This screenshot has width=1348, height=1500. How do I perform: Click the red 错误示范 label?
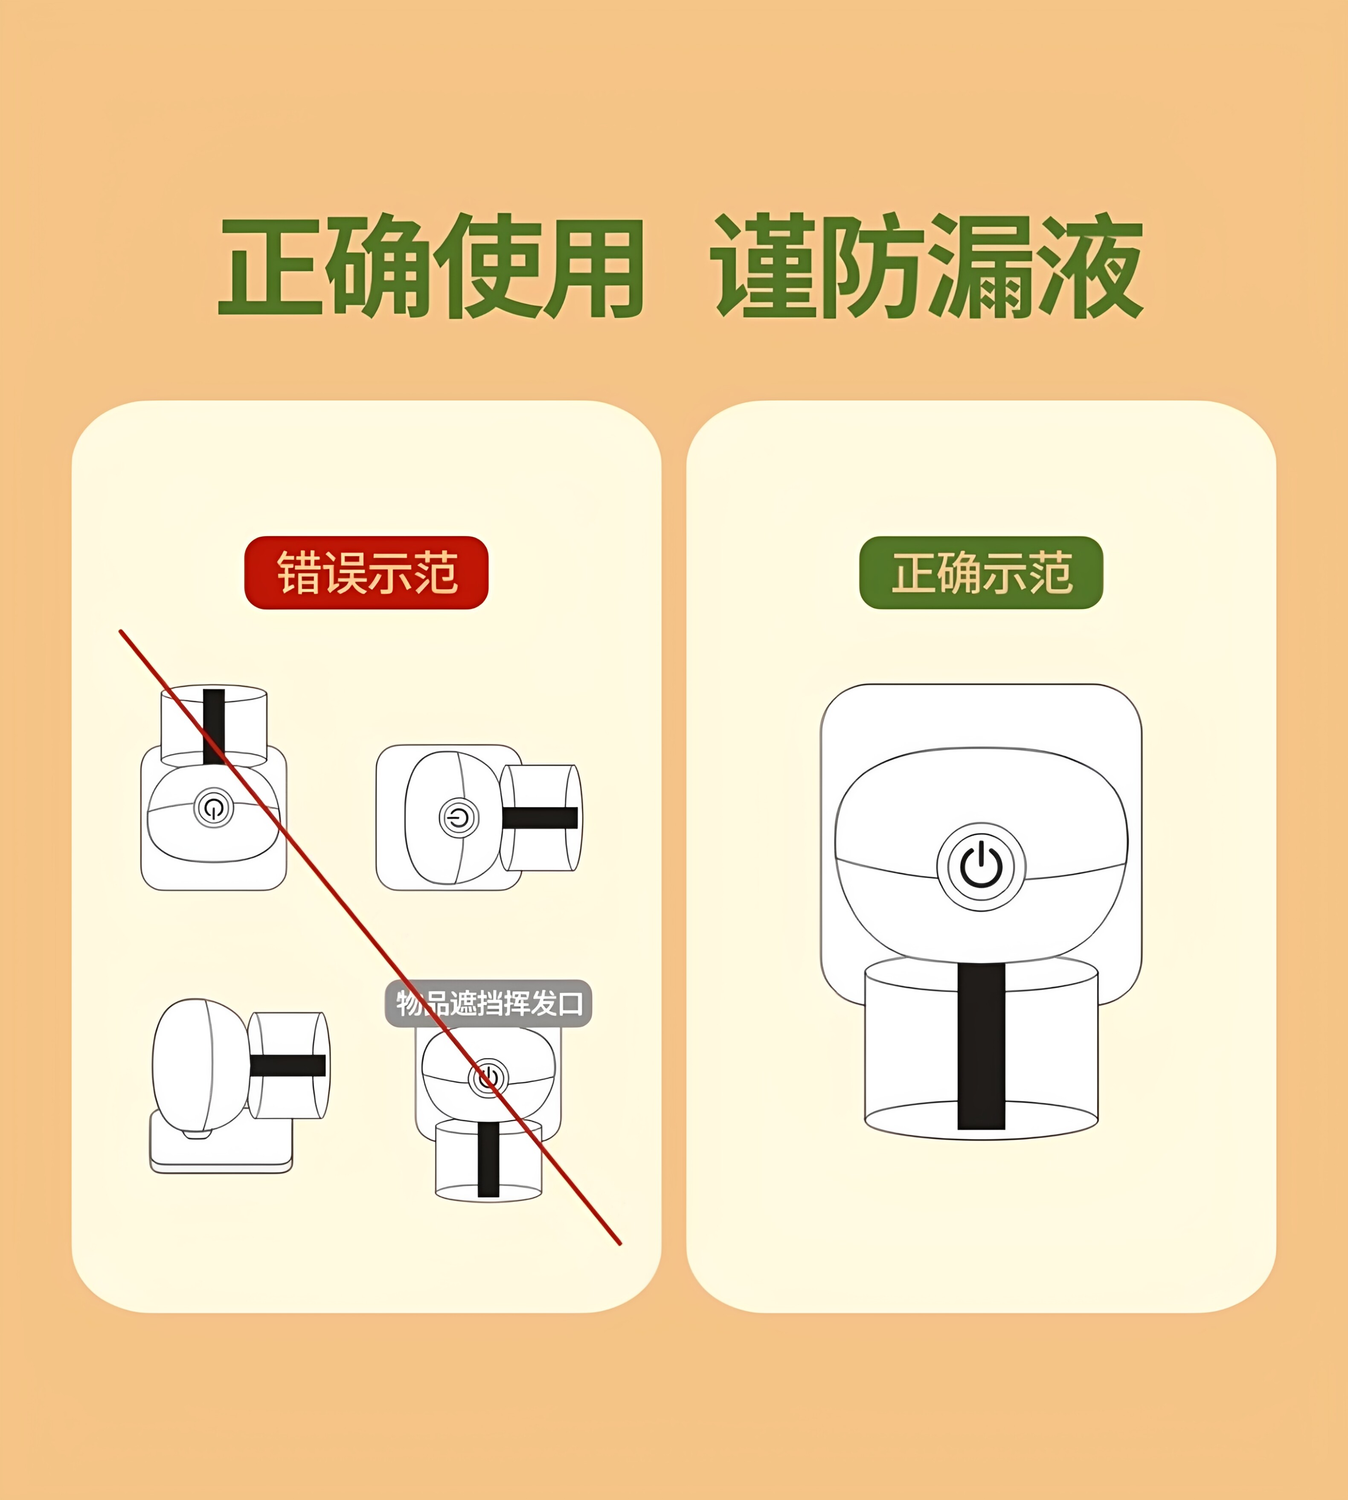pos(366,573)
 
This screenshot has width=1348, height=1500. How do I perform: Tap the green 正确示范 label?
pos(982,573)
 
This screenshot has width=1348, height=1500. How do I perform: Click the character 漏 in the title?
pos(979,267)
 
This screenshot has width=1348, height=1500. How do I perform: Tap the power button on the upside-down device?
pos(213,808)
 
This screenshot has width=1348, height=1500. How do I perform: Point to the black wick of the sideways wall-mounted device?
pos(540,818)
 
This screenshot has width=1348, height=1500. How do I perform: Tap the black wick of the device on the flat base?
pos(288,1065)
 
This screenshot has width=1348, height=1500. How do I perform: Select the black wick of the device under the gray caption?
pos(488,1159)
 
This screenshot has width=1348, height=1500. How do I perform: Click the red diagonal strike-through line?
pos(369,938)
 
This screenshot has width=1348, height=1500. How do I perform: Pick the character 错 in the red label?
pos(299,573)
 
